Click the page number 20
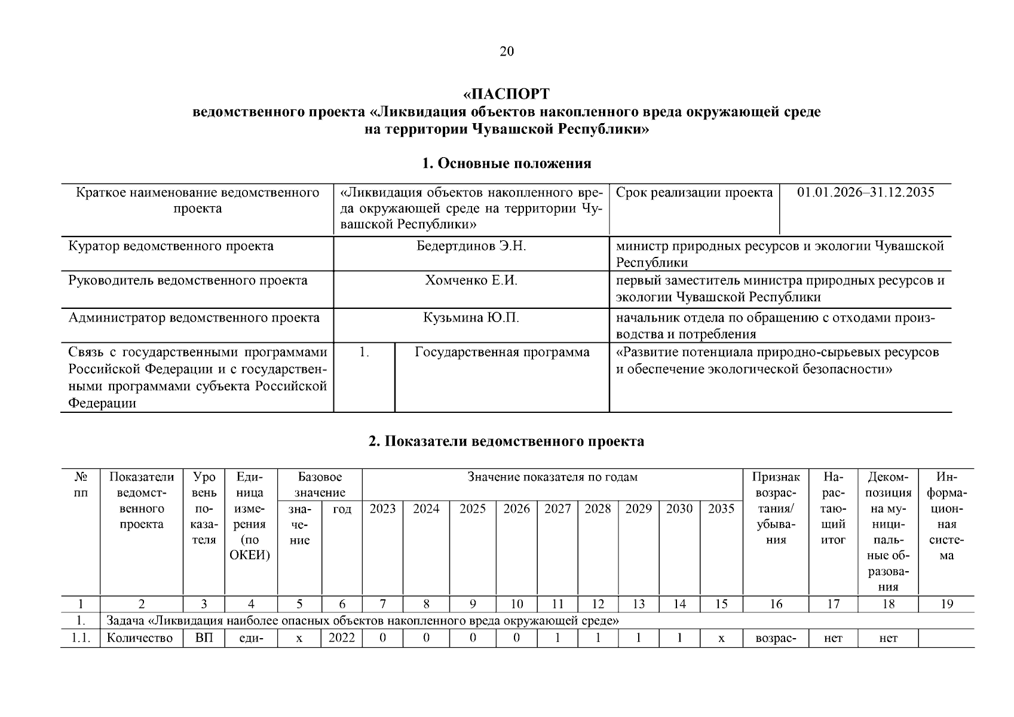(506, 51)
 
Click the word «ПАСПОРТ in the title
(506, 94)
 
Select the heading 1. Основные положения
(506, 163)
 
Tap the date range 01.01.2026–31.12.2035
(865, 192)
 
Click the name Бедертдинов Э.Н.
(471, 246)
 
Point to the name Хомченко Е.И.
(471, 280)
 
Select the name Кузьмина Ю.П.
(471, 317)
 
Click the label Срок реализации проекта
(694, 192)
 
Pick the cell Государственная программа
(502, 352)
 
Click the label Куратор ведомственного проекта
(171, 246)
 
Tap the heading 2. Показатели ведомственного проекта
(506, 442)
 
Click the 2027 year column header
(557, 508)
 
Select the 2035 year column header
(721, 508)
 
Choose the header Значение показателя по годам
(552, 477)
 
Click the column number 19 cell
(946, 604)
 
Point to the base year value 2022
(342, 638)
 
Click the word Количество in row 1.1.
(140, 638)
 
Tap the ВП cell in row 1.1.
(204, 638)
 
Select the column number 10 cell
(516, 604)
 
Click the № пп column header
(80, 485)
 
